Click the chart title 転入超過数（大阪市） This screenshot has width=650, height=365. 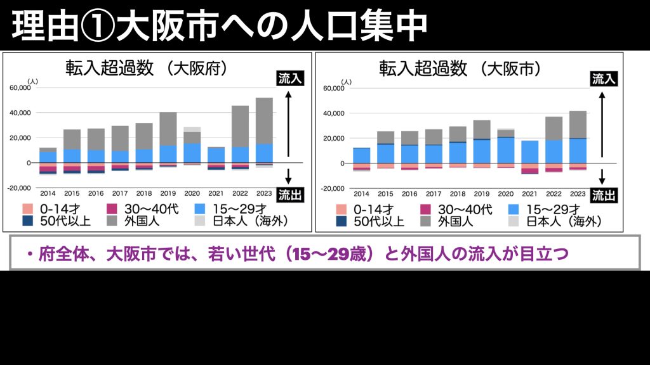click(x=460, y=68)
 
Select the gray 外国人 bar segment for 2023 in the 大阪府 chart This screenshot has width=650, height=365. click(x=264, y=120)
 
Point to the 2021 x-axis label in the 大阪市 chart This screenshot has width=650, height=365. click(x=530, y=193)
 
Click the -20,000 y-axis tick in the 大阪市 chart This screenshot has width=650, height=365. click(x=333, y=189)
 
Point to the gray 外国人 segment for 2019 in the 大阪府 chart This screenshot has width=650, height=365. click(x=168, y=129)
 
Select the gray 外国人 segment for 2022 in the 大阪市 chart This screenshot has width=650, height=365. click(x=554, y=128)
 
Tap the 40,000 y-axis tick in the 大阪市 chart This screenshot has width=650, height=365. click(x=333, y=113)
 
